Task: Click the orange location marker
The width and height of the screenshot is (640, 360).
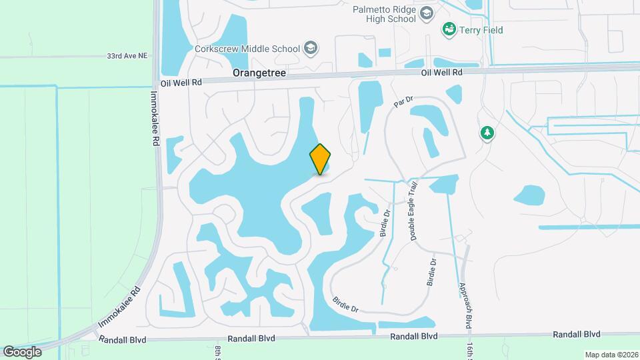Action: click(321, 159)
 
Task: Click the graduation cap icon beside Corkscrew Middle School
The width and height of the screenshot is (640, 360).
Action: click(310, 48)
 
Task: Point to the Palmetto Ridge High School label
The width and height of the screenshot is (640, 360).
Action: click(385, 13)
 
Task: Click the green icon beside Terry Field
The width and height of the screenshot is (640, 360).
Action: click(449, 30)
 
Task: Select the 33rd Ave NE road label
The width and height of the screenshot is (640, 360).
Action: click(127, 57)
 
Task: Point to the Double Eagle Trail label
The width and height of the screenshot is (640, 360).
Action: click(414, 211)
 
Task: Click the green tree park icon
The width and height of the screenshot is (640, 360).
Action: click(487, 133)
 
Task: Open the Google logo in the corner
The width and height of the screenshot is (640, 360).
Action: click(22, 351)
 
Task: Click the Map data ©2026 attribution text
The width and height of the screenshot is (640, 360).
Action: click(611, 355)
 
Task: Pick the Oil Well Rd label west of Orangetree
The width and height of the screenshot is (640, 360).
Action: click(181, 83)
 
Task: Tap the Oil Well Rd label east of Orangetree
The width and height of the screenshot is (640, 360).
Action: click(442, 72)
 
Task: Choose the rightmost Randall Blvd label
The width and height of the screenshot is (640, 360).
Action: click(577, 334)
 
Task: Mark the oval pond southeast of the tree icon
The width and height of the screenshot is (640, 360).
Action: click(530, 195)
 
